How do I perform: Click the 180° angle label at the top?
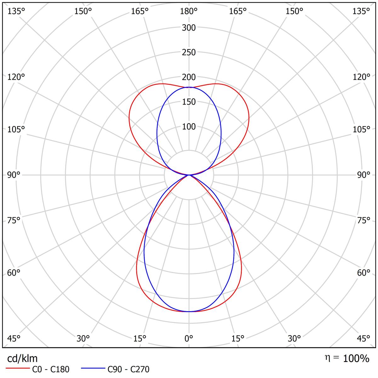pos(189,11)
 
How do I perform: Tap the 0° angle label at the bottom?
pos(189,339)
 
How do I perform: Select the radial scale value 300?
pos(189,28)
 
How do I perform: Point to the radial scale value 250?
pos(189,52)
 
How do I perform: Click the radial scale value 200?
pos(189,77)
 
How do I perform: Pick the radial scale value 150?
pos(189,102)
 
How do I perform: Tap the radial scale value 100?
pos(189,127)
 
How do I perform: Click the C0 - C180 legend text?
pos(50,369)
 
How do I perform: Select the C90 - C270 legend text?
pos(128,369)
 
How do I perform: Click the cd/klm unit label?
pos(22,358)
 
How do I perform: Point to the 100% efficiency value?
pos(356,358)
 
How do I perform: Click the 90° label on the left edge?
pos(14,175)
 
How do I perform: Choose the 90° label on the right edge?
pos(364,175)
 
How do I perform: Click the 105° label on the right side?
pos(362,129)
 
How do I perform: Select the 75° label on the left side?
pos(14,220)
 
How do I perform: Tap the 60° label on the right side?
pos(364,273)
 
